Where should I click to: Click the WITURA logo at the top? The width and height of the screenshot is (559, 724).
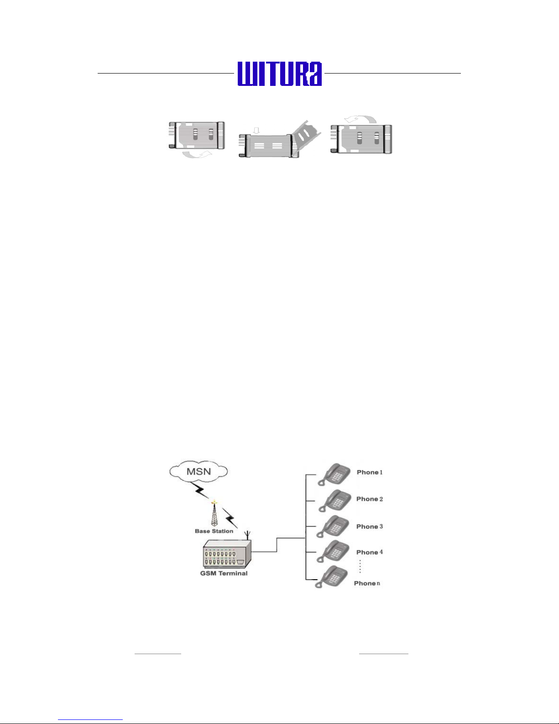click(x=279, y=74)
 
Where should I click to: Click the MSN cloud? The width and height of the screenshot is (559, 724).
click(x=199, y=471)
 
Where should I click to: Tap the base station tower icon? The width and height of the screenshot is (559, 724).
click(x=214, y=513)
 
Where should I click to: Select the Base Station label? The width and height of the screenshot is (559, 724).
click(x=214, y=531)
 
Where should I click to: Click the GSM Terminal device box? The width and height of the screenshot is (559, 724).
click(x=227, y=554)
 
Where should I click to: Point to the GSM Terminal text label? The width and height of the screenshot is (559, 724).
click(x=224, y=573)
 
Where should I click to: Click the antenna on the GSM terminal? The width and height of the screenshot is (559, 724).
click(x=247, y=534)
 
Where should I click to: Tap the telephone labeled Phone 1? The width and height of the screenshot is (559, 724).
click(x=334, y=474)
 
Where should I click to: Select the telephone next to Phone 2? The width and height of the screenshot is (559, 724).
click(x=334, y=501)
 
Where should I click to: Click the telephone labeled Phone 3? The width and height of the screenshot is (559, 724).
click(x=332, y=526)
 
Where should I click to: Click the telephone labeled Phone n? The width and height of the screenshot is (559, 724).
click(x=331, y=577)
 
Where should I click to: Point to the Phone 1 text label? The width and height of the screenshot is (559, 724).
click(x=369, y=472)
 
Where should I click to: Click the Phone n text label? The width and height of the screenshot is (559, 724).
click(x=367, y=583)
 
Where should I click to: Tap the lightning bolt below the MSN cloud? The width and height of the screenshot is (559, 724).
click(x=200, y=490)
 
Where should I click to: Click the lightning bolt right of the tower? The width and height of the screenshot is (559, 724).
click(x=230, y=518)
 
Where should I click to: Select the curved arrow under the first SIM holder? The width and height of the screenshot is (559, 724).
click(x=197, y=154)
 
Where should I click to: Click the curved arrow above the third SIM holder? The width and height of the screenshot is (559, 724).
click(x=360, y=119)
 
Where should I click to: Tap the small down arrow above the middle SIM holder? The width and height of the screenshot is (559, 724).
click(x=256, y=130)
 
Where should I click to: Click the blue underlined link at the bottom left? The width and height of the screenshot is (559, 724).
click(x=90, y=719)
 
